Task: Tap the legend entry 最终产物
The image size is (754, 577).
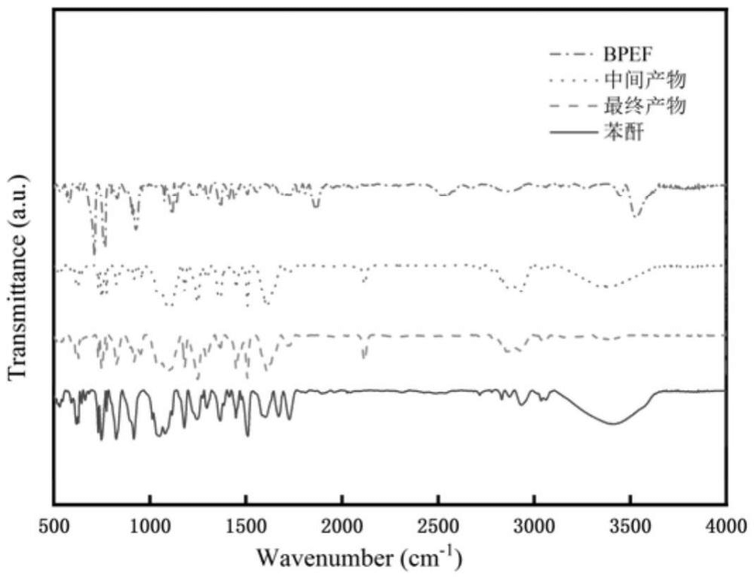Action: pyautogui.click(x=645, y=106)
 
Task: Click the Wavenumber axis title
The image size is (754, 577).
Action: pyautogui.click(x=359, y=558)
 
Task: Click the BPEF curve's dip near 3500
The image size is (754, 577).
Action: pyautogui.click(x=636, y=216)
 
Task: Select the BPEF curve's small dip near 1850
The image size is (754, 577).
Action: pyautogui.click(x=315, y=206)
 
